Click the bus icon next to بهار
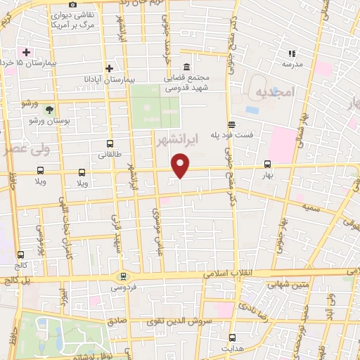(x=266, y=165)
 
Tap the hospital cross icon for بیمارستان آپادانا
(x=109, y=68)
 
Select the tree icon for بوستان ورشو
(x=49, y=110)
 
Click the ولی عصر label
(x=25, y=149)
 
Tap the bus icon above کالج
(x=20, y=255)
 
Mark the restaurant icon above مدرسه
(x=291, y=53)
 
